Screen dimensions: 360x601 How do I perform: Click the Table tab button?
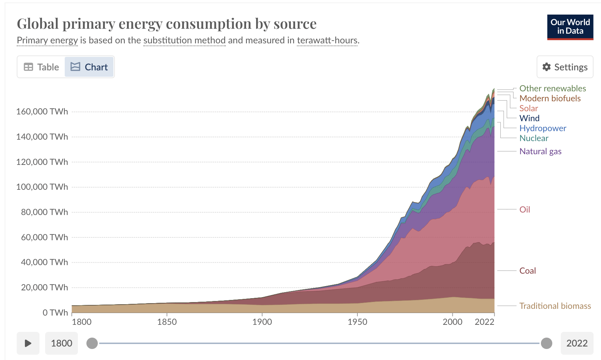tap(41, 67)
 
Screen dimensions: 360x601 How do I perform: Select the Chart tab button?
tap(89, 67)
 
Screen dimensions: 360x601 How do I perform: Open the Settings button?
tap(565, 67)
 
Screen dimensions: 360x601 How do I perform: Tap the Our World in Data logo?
tap(570, 27)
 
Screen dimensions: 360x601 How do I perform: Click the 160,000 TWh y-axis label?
tap(42, 112)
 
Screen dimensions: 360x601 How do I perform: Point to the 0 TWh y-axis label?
tap(55, 312)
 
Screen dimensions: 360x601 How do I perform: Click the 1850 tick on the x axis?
tap(167, 322)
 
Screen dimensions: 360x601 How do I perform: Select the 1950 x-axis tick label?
tap(357, 322)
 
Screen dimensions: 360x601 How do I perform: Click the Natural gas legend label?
tap(540, 151)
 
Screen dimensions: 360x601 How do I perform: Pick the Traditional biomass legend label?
tap(555, 306)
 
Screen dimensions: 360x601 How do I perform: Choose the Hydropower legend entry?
tap(543, 128)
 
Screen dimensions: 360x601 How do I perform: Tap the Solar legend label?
tap(528, 108)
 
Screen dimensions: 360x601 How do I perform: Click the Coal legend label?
tap(527, 271)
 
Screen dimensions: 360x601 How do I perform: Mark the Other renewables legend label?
tap(552, 88)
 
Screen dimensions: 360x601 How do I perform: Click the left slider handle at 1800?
tap(92, 343)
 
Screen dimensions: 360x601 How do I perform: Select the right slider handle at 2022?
tap(546, 343)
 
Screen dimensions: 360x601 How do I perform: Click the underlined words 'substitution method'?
tap(184, 41)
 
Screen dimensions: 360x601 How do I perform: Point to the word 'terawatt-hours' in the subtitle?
tap(327, 41)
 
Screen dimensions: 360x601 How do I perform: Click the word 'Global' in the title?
tap(38, 24)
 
